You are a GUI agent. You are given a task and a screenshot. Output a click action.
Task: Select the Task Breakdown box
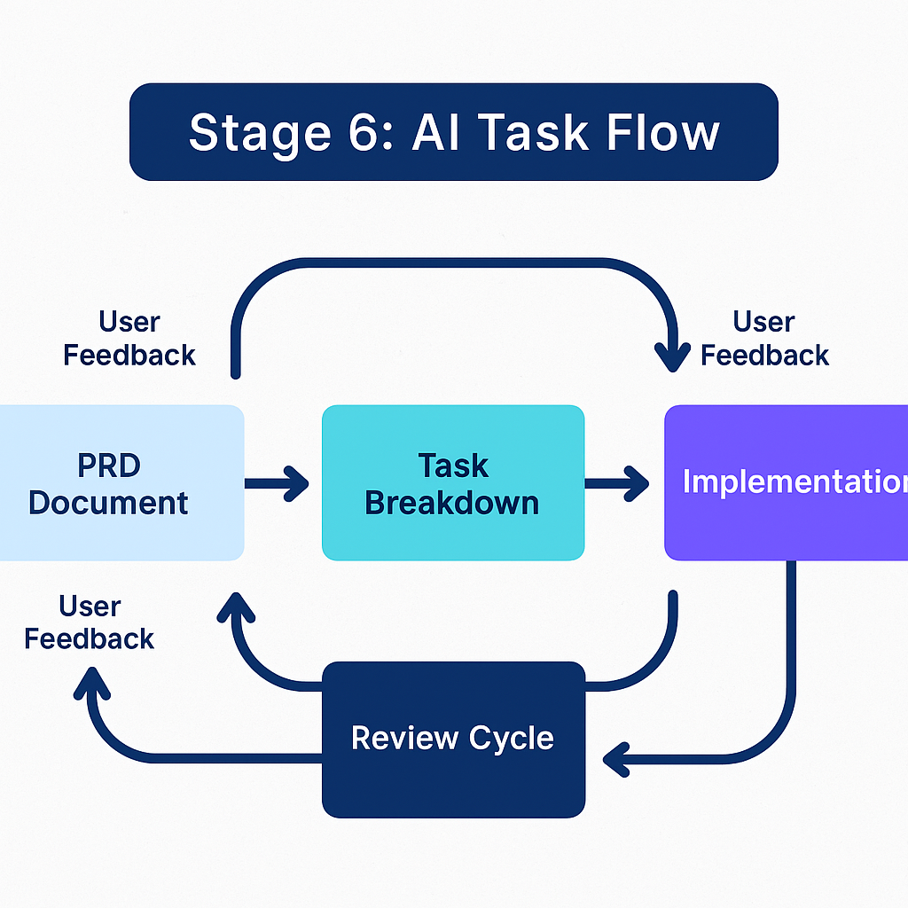452,483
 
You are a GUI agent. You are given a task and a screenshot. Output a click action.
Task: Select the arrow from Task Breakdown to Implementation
618,483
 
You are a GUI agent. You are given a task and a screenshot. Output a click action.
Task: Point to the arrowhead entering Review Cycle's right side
616,760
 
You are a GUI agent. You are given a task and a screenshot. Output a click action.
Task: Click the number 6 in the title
364,132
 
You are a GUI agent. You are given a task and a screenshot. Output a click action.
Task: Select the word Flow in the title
663,132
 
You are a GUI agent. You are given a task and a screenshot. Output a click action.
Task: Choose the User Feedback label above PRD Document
129,338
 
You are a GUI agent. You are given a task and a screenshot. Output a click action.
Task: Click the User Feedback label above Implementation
764,338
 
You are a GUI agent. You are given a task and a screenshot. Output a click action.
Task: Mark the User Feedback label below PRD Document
90,622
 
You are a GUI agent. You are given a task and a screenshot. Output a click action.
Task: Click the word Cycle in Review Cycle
513,738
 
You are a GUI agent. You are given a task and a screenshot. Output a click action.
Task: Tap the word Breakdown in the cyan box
452,503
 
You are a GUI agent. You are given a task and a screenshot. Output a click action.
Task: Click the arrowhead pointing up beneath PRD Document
234,608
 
